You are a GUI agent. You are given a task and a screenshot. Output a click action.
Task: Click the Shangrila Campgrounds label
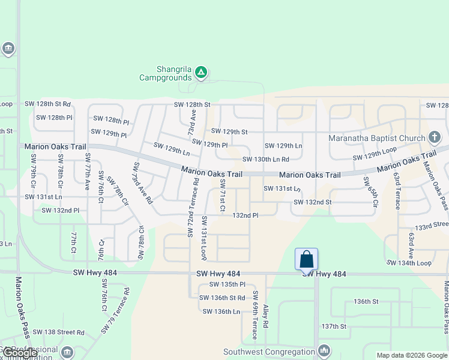coord(165,73)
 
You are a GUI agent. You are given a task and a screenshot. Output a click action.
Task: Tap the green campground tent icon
coord(201,73)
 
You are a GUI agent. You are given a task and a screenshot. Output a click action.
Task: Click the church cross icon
coord(436,138)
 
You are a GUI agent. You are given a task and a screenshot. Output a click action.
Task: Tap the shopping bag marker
coord(306,259)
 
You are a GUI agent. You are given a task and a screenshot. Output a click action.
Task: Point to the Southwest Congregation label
coord(269,352)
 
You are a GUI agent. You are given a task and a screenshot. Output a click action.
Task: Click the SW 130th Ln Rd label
coord(266,159)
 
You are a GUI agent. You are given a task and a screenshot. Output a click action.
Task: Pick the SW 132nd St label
coord(312,202)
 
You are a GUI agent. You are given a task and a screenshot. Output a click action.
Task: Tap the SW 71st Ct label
coord(222,195)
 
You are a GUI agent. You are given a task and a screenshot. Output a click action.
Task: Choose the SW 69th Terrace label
coord(255,315)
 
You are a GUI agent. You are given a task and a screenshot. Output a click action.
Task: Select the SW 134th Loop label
coord(409,263)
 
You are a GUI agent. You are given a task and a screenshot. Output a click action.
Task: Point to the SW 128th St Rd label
coord(47,104)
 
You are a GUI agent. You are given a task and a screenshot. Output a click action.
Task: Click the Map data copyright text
coord(411,355)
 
